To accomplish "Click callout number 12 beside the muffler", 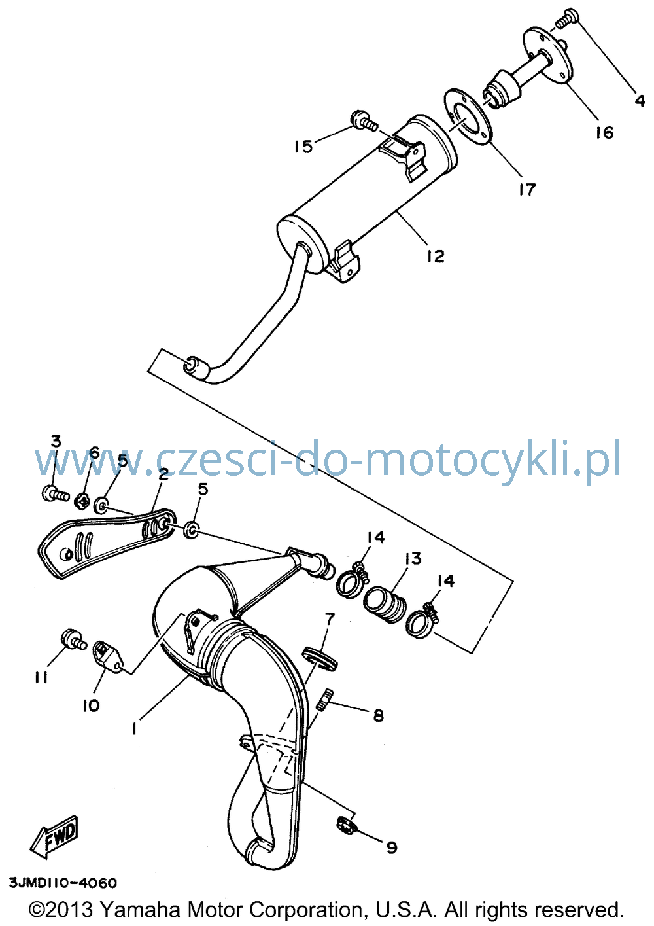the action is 436,257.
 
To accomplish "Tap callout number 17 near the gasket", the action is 526,189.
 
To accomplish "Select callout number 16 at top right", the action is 604,133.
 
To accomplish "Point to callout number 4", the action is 640,101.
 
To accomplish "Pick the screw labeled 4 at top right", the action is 567,18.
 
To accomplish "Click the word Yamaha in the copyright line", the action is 140,908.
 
